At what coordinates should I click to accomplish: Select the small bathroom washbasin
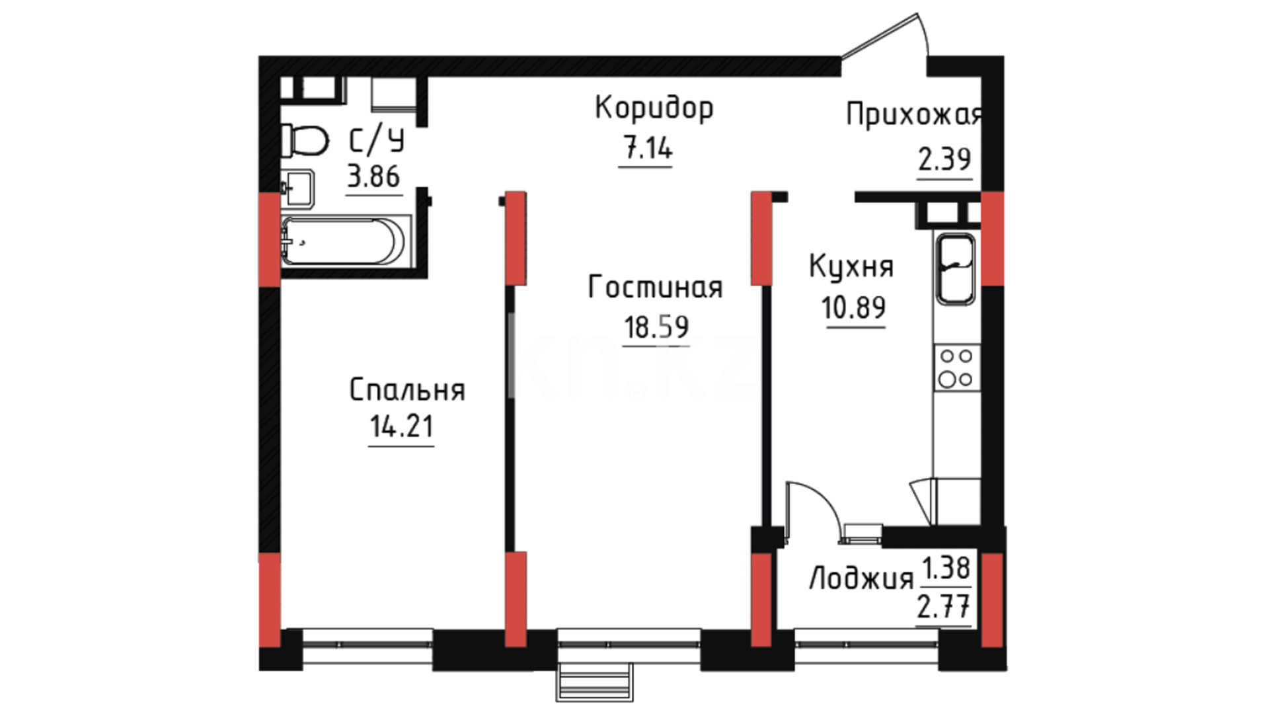(x=297, y=188)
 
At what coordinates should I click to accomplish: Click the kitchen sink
(x=955, y=269)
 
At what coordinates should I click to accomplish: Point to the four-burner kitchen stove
(x=956, y=368)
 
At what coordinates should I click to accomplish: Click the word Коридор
(x=654, y=108)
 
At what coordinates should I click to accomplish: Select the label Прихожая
(x=914, y=114)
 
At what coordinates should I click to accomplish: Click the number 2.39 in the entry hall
(x=944, y=159)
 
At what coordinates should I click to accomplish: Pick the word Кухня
(x=851, y=266)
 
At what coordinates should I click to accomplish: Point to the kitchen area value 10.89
(x=853, y=307)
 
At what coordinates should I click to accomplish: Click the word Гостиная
(x=655, y=288)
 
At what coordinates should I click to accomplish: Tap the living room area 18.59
(x=656, y=327)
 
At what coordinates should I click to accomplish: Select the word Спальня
(x=407, y=390)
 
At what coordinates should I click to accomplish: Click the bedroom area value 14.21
(x=402, y=427)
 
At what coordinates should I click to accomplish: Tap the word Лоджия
(x=861, y=578)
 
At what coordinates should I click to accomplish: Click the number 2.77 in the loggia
(x=944, y=606)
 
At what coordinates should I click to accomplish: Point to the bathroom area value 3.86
(x=373, y=177)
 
